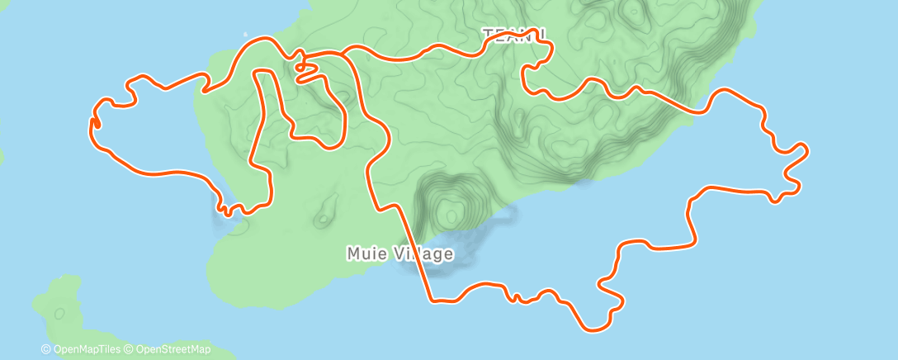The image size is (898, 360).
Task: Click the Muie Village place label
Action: coord(399,253)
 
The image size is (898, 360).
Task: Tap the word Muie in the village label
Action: coord(364,253)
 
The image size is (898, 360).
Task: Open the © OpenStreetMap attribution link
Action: coord(168,349)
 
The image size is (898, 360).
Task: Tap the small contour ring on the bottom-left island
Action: coord(59,314)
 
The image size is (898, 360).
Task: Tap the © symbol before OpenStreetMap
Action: coord(129,349)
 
